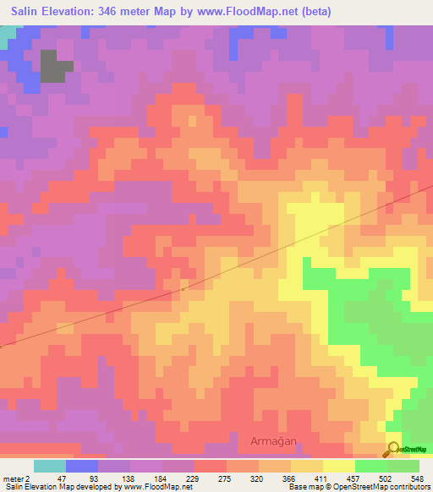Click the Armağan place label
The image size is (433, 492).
point(275,440)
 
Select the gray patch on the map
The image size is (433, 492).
point(55,68)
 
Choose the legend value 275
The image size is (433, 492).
point(226,478)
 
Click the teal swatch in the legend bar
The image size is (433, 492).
point(50,466)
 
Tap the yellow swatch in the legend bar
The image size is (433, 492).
point(338,466)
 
